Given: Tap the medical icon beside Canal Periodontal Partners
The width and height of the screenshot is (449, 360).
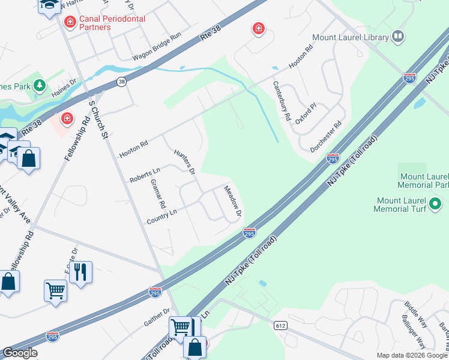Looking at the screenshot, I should pos(70,22).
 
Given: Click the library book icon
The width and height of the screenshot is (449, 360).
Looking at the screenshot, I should pos(397,37).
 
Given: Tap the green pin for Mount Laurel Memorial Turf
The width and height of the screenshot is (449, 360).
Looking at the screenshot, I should pos(437,205).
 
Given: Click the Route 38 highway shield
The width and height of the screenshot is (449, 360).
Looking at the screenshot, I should pos(121,83).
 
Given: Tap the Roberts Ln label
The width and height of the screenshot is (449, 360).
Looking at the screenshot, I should pos(145,175).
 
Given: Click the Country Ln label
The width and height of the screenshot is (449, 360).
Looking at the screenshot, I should pos(162,216).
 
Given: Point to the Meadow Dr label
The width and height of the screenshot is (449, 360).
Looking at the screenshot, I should pos(232,201).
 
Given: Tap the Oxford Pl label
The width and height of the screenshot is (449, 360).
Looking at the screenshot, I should pos(306,113).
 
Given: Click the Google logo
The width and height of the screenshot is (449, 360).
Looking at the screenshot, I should pos(19,353).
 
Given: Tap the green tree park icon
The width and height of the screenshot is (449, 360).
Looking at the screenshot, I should pos(40,85).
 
